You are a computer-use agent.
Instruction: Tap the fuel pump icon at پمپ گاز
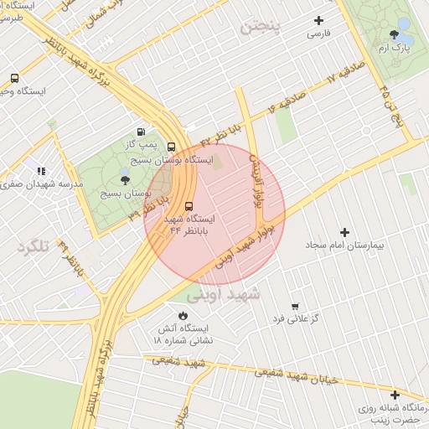[141, 131]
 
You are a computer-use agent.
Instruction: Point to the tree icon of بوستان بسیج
[125, 179]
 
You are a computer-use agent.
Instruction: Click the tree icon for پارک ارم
[394, 34]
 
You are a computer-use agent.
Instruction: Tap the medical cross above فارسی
[318, 20]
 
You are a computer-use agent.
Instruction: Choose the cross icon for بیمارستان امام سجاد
[344, 231]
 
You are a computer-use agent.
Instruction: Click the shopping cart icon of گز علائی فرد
[294, 307]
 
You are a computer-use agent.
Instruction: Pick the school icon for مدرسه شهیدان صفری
[42, 170]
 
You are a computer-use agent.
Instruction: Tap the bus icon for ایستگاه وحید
[15, 78]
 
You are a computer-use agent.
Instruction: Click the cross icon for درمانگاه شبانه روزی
[394, 394]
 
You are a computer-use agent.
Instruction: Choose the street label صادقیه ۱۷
[343, 75]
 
